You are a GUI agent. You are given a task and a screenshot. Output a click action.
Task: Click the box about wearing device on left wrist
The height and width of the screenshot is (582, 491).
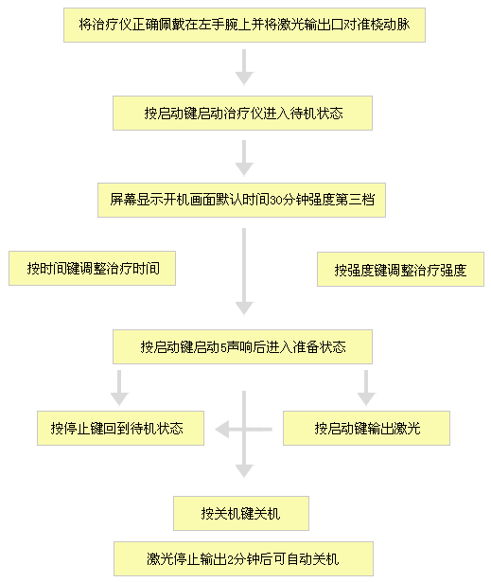[244, 25]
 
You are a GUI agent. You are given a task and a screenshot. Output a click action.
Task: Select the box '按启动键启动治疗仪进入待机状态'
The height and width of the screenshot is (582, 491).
[242, 113]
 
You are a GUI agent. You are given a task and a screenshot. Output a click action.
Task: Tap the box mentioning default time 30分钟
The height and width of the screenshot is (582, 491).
[241, 200]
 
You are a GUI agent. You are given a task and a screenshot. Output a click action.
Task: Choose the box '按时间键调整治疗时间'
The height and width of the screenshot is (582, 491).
[92, 269]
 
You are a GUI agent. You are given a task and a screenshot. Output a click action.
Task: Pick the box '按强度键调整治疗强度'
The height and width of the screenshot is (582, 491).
[400, 270]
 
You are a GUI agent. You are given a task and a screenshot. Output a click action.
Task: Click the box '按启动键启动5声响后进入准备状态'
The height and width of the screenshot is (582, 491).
[242, 346]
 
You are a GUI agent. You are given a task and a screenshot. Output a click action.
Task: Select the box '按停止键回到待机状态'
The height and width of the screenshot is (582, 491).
[120, 428]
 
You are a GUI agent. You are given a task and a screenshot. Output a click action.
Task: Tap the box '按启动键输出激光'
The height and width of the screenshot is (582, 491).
[366, 428]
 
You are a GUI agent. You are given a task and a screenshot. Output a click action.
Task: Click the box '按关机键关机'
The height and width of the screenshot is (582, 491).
[241, 513]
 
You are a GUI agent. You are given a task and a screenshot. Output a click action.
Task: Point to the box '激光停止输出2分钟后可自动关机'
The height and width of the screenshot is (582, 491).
[243, 558]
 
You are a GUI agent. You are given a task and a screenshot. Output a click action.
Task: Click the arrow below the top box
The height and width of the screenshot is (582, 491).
[244, 67]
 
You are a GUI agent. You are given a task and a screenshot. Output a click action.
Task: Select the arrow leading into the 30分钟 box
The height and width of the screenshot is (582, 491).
[244, 158]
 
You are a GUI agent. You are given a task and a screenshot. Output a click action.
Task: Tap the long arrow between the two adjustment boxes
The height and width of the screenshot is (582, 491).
[244, 272]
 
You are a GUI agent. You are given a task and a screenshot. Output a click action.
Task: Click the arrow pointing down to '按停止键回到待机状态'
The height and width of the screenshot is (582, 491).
[119, 388]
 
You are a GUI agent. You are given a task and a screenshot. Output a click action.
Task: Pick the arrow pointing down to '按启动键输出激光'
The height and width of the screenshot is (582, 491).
[366, 388]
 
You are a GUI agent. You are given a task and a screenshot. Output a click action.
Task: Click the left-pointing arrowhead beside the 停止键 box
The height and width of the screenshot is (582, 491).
[222, 430]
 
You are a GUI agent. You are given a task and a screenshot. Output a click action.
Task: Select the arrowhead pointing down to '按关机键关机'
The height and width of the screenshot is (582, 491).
[244, 471]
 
